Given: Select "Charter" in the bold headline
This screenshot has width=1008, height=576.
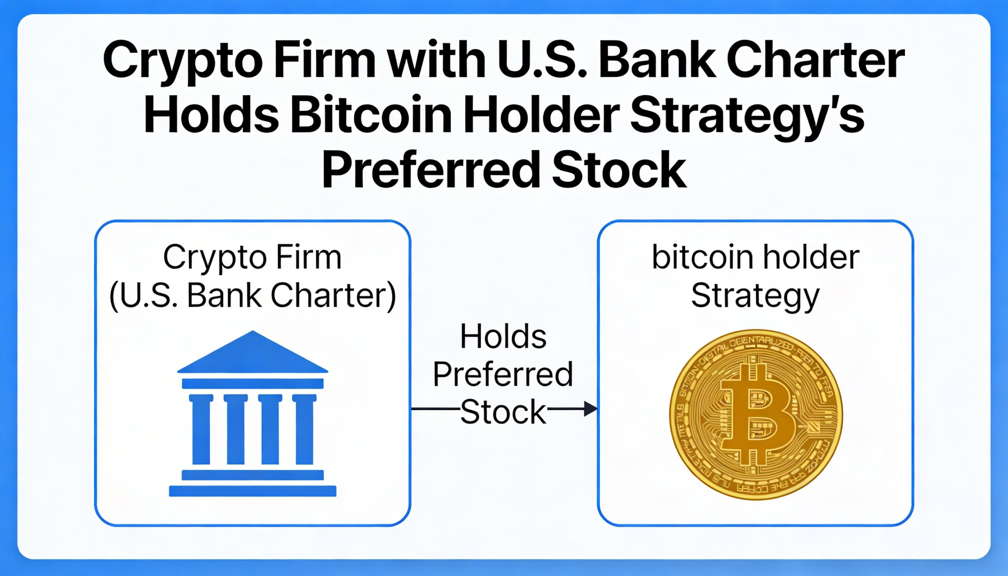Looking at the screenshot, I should pos(816,61).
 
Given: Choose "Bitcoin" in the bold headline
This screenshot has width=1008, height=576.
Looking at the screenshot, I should pos(371,117).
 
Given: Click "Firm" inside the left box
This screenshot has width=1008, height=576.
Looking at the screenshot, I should pos(309,257).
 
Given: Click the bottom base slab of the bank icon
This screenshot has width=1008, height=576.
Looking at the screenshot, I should pos(252,491).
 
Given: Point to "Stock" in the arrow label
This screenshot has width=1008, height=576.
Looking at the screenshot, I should pos(503,412).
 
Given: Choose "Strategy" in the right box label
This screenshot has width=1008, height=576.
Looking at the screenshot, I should pos(755,296).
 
